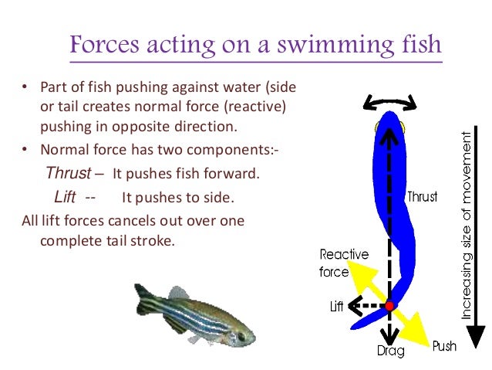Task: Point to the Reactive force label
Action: [x=344, y=263]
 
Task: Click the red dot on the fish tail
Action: [x=390, y=306]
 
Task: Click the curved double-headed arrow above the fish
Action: [x=391, y=102]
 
